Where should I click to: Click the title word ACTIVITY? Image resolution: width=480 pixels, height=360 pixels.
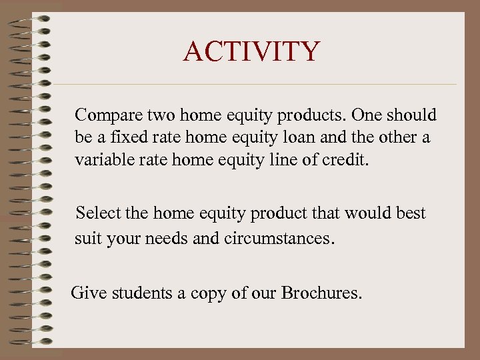[x=251, y=52]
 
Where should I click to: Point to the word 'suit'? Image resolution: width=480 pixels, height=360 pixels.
[x=87, y=237]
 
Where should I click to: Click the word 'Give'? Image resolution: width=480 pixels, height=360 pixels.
[x=87, y=292]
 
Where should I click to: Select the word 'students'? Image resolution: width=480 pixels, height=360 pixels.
[x=137, y=292]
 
